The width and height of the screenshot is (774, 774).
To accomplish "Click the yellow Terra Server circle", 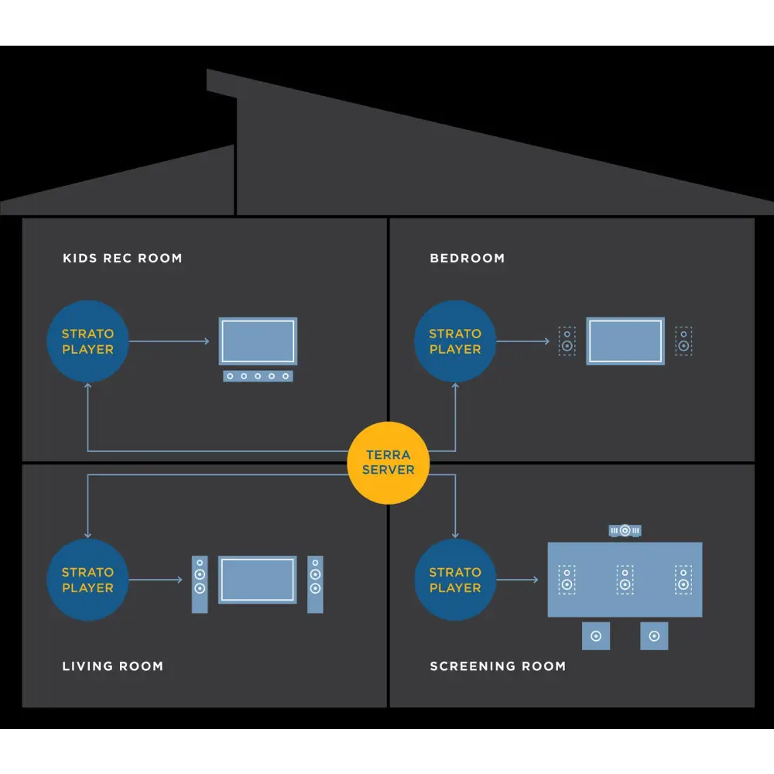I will click(x=388, y=462).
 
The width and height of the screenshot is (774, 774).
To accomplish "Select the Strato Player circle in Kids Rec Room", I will click(x=87, y=341).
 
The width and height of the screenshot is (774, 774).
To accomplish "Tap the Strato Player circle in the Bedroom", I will click(x=455, y=341).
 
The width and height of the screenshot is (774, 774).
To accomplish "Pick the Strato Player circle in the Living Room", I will click(x=87, y=580).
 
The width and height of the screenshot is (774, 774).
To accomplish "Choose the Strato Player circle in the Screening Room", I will click(x=455, y=580).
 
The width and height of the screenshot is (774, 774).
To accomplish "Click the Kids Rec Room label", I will click(x=122, y=258).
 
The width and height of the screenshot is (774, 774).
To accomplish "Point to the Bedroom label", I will click(x=467, y=258).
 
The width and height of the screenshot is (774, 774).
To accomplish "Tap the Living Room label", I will click(x=112, y=666).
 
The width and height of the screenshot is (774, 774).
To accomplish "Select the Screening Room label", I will click(x=498, y=666).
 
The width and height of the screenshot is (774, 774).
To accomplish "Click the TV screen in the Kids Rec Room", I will click(x=258, y=341).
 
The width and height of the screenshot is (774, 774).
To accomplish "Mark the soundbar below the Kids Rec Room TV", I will click(x=258, y=376).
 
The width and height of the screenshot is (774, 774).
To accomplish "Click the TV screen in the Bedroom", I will click(x=625, y=341).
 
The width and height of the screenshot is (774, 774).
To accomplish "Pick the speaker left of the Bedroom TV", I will click(x=567, y=341).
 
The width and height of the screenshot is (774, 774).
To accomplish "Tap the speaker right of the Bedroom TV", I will click(x=683, y=341).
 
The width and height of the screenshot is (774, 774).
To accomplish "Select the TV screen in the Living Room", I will click(x=258, y=579).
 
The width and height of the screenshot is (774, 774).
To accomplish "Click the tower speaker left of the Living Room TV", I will click(x=200, y=584).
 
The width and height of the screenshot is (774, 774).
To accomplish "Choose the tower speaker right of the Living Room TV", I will click(x=315, y=584).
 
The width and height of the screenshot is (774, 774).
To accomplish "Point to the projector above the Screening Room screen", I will click(x=625, y=531).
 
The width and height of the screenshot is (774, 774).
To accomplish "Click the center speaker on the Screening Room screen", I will click(x=625, y=579).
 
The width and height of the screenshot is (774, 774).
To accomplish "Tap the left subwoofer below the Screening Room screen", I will click(x=595, y=636).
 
